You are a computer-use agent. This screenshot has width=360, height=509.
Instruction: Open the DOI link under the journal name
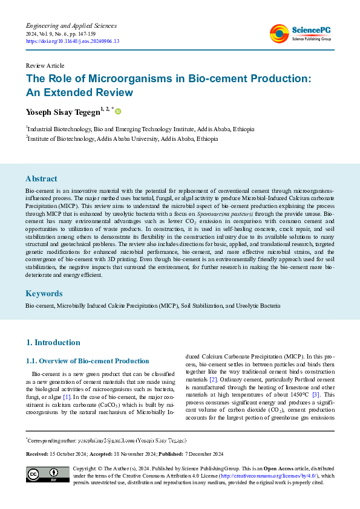coord(72,41)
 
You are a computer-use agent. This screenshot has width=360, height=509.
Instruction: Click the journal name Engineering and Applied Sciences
coord(71,26)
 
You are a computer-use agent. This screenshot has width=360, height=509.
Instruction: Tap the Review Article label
coord(45,65)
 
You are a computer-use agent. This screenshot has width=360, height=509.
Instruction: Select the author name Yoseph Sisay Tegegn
coord(62,112)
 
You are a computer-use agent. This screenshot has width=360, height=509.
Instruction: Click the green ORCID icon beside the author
coord(119,111)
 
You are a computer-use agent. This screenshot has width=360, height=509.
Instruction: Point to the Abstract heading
coord(41,179)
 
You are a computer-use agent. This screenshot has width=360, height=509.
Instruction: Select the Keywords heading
coord(44,293)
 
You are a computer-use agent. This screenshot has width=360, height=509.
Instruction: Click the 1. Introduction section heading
coord(53,343)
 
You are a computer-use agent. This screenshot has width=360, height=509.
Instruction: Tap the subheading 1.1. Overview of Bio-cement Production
coord(87,361)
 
